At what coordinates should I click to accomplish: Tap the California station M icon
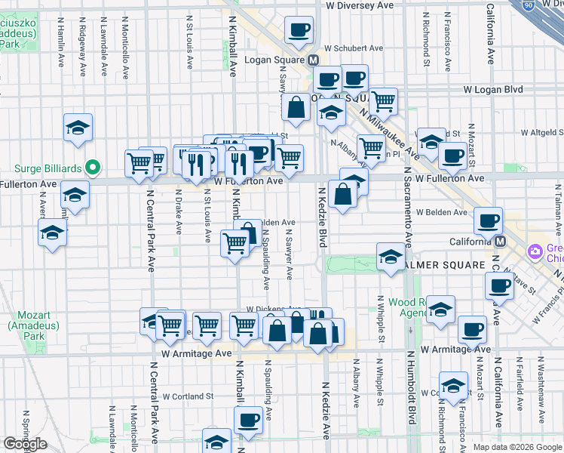click(501, 241)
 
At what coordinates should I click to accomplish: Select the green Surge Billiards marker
click(93, 167)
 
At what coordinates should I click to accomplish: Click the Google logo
click(25, 444)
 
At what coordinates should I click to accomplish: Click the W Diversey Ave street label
click(360, 5)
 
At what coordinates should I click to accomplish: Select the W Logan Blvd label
click(493, 89)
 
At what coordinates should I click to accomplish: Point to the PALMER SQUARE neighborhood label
click(446, 266)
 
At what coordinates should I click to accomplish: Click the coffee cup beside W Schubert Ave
click(299, 30)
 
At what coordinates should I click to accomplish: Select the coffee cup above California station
click(488, 220)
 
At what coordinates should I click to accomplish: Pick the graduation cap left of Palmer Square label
click(391, 257)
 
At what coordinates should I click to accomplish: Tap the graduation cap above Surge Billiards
click(78, 128)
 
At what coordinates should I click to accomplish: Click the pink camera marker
click(536, 250)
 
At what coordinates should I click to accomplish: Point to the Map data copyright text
click(517, 447)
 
